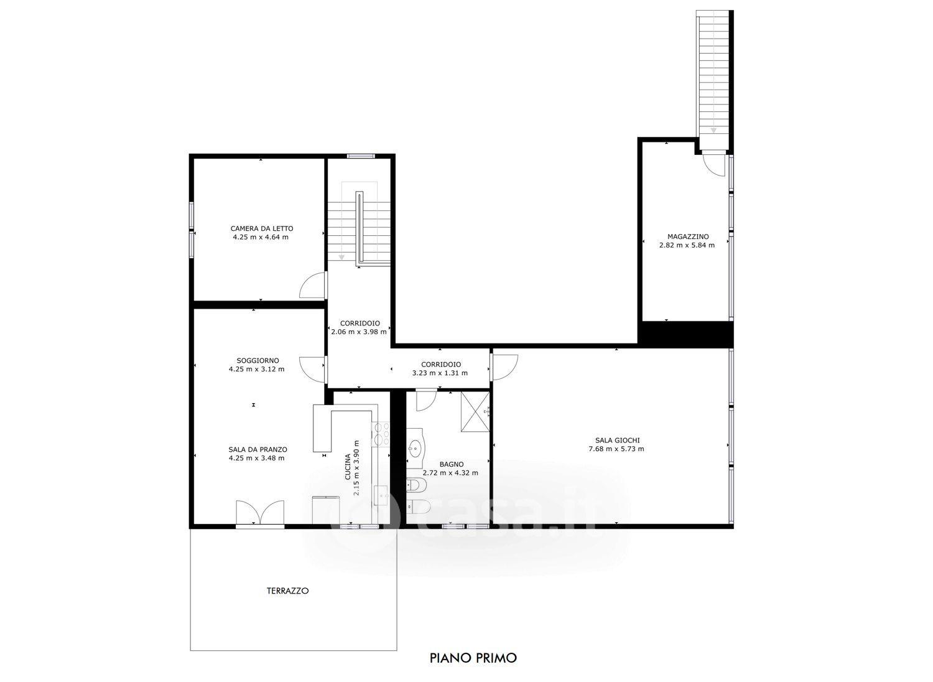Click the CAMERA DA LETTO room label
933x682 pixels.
coord(262,228)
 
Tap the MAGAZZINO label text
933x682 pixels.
coord(688,236)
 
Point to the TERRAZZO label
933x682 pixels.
coord(288,591)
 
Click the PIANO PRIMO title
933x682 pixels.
coord(473,658)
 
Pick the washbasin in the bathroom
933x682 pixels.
coord(415,449)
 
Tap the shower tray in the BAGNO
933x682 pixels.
coord(475,412)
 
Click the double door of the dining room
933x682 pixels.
coord(260,512)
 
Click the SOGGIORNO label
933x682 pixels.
coord(258,360)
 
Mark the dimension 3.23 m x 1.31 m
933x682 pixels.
coord(440,373)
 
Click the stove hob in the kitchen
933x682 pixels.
coord(380,434)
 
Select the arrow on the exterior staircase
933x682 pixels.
coord(713,130)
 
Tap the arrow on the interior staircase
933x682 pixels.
coord(341,257)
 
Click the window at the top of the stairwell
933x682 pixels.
coord(361,156)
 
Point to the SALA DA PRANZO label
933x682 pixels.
coord(258,449)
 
